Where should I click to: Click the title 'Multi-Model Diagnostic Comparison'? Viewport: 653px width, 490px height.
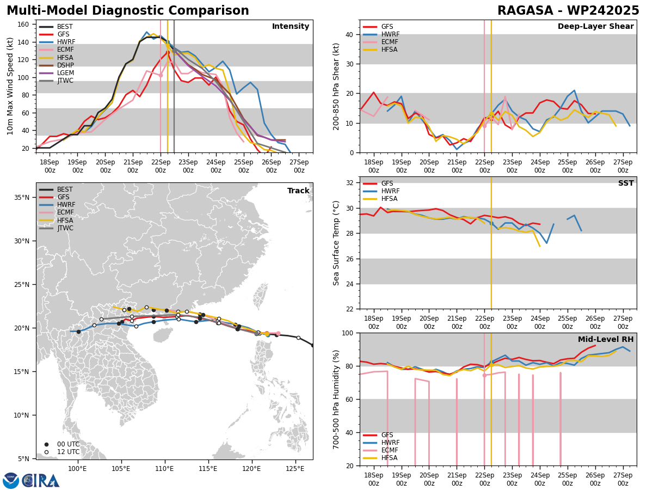point(127,11)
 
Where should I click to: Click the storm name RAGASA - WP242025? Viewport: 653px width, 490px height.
point(568,11)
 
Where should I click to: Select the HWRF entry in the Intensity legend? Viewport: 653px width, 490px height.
point(65,42)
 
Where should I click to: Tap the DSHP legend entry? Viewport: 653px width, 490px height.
point(65,65)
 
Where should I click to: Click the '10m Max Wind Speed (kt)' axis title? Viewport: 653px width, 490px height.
point(11,86)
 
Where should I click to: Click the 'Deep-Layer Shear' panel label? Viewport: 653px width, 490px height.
point(595,27)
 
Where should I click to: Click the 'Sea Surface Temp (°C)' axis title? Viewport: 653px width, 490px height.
point(336,243)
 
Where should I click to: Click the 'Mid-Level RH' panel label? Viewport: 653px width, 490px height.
point(606,340)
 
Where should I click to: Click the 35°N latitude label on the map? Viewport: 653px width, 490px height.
point(22,198)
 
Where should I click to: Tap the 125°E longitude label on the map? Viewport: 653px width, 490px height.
point(295,468)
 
